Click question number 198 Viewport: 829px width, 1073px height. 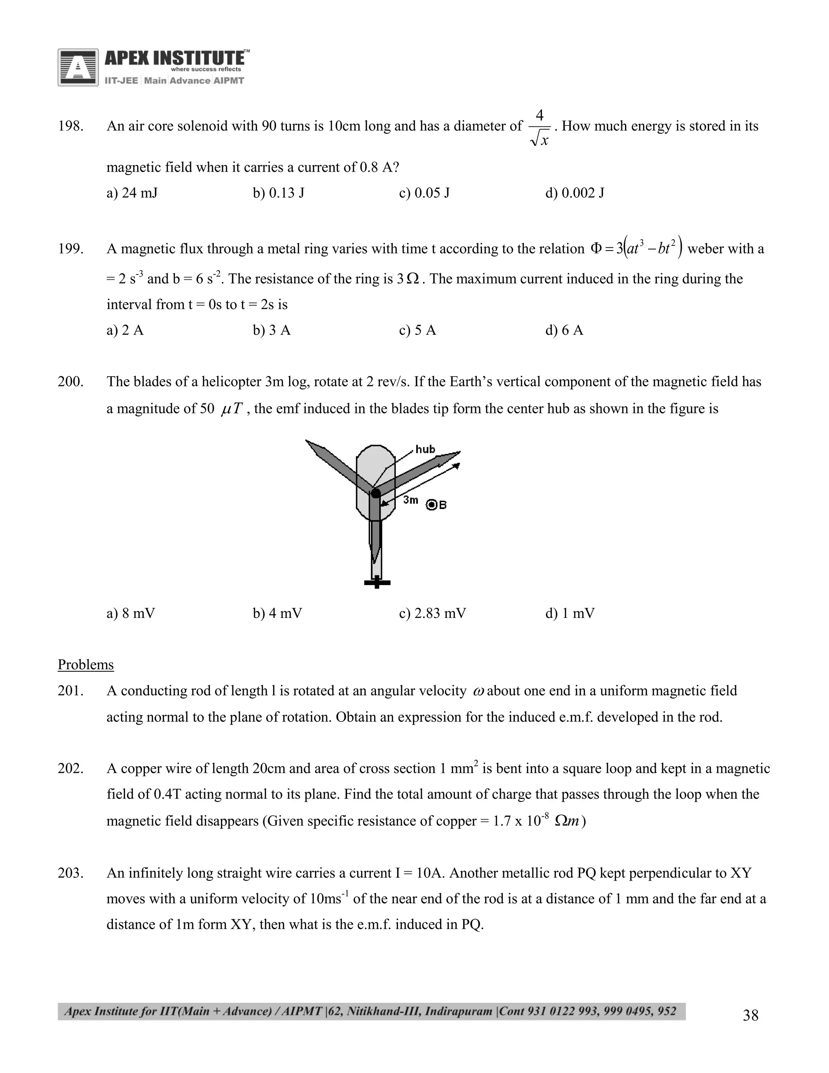70,126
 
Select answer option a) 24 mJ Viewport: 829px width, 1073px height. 132,193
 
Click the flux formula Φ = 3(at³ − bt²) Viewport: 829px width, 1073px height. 636,248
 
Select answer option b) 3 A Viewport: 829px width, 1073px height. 271,330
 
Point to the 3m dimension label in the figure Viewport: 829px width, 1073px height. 410,500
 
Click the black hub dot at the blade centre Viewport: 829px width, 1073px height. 375,493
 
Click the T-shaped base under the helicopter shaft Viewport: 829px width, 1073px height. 377,583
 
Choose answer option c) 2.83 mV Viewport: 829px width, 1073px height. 432,613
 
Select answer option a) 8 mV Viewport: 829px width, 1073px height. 130,613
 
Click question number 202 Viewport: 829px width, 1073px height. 70,769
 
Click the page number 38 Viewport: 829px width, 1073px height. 750,1015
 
